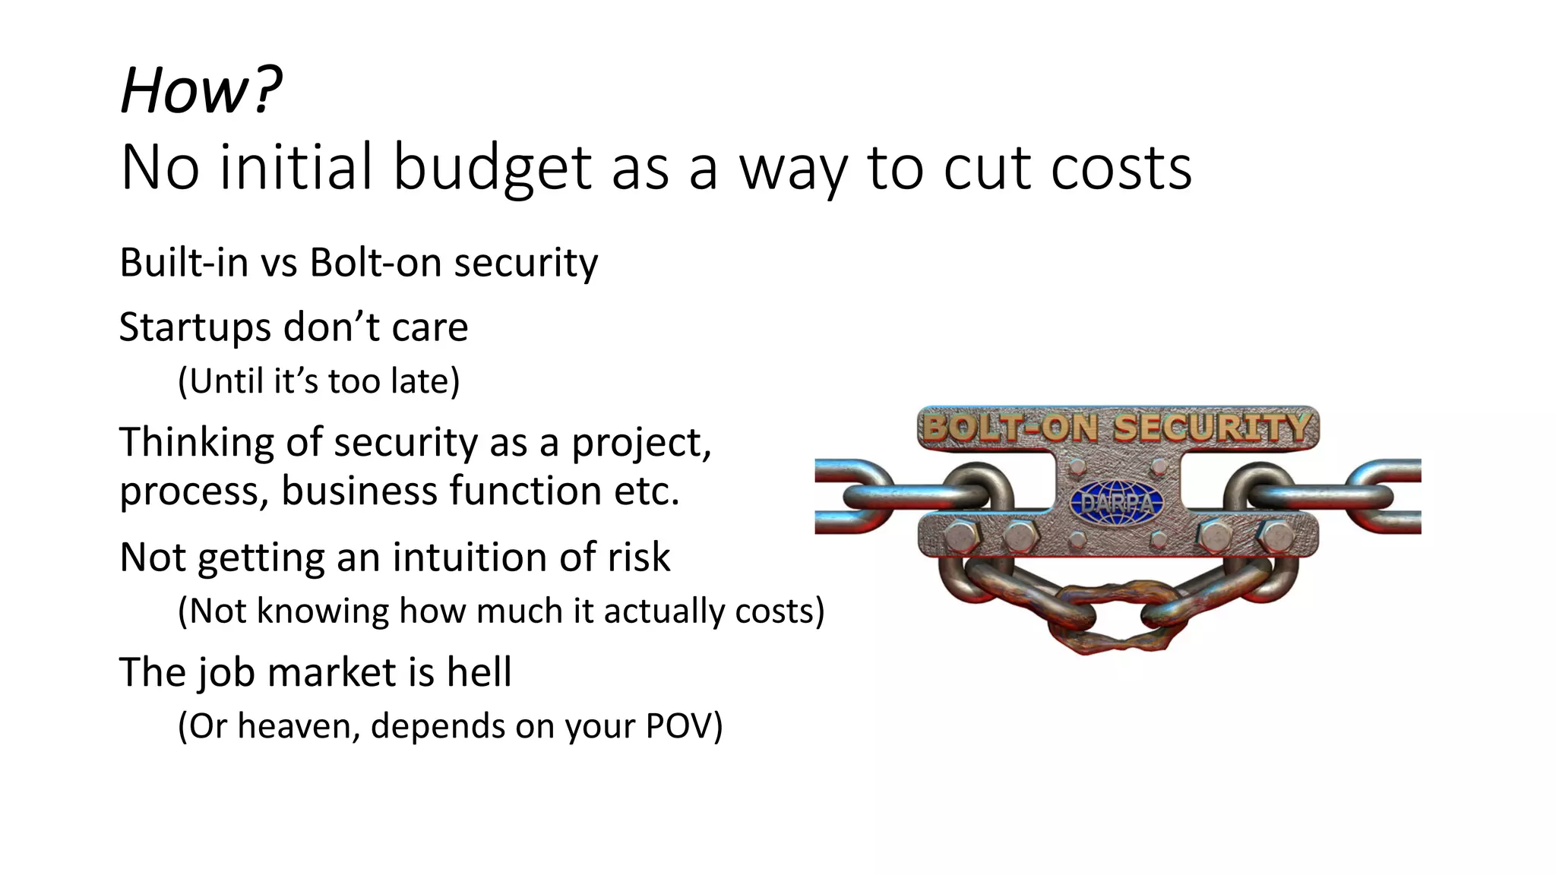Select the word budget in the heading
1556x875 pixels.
tap(492, 168)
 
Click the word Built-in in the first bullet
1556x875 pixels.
tap(184, 263)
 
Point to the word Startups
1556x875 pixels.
tap(194, 327)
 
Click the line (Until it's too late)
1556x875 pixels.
tap(318, 381)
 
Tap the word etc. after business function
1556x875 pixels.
tap(647, 491)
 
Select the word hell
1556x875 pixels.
tap(479, 672)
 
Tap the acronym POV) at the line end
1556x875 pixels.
tap(684, 726)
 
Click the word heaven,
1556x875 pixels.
tap(299, 726)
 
